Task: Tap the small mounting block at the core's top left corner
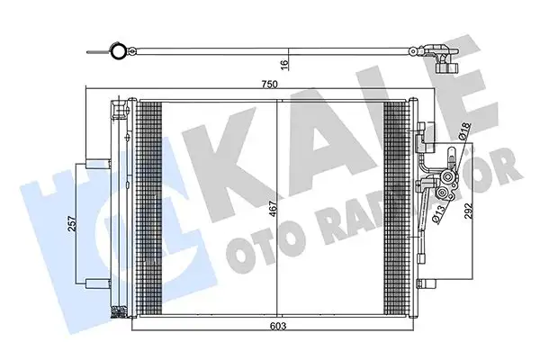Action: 119,112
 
